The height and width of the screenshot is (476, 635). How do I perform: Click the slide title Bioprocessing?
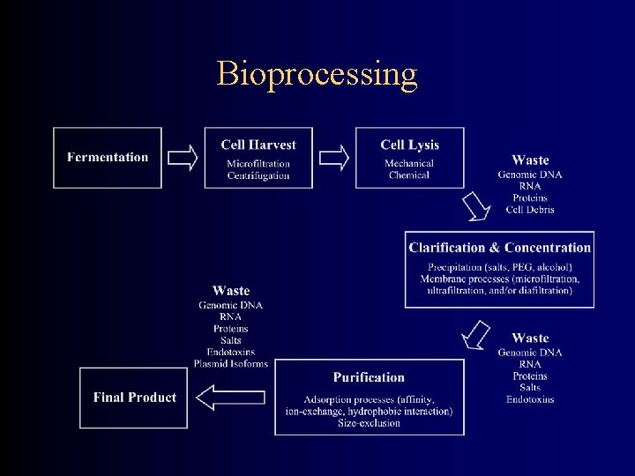[x=317, y=74]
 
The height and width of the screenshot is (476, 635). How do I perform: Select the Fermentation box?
[x=108, y=158]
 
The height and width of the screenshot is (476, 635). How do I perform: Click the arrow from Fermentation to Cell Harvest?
[x=183, y=158]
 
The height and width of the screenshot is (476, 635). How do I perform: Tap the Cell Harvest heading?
[x=258, y=145]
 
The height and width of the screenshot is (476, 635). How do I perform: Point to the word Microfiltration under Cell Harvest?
[x=258, y=164]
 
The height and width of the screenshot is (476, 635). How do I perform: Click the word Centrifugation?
[x=258, y=175]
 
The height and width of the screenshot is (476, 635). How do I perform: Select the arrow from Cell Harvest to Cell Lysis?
[x=333, y=158]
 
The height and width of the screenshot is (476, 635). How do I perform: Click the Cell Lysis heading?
[x=409, y=145]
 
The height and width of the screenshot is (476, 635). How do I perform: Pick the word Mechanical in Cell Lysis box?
[x=409, y=164]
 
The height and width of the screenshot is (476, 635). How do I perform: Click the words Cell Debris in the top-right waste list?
[x=530, y=210]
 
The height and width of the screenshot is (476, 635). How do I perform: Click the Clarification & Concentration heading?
[x=500, y=248]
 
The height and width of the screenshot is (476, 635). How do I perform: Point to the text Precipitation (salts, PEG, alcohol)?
[x=500, y=267]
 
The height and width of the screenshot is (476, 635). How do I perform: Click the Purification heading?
[x=369, y=377]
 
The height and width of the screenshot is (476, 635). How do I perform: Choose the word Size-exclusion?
[x=369, y=423]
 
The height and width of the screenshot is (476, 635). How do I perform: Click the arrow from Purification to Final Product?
[x=218, y=398]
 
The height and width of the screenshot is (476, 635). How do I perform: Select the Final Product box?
[x=134, y=398]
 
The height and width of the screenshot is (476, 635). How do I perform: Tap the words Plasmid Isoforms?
[x=231, y=364]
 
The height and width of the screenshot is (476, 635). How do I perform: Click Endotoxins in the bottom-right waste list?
[x=530, y=399]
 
